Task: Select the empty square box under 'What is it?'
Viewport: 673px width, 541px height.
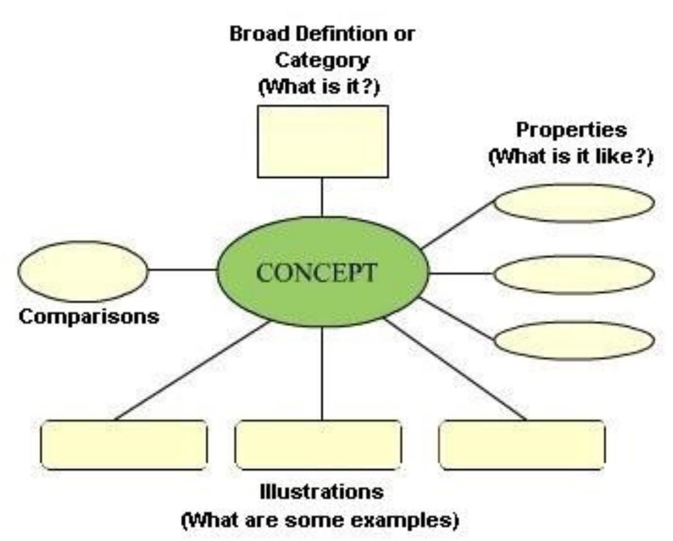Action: (x=323, y=142)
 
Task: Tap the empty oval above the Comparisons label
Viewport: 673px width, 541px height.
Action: (x=83, y=271)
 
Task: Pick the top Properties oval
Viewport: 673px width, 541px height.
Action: (x=574, y=203)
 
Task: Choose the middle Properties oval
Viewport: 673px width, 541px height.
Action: (x=574, y=274)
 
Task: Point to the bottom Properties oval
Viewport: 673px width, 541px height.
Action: (x=574, y=340)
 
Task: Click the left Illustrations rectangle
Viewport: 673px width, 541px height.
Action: (x=124, y=445)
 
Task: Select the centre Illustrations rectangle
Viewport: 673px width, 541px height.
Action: (x=318, y=445)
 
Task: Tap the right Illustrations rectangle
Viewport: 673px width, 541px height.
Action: (x=522, y=445)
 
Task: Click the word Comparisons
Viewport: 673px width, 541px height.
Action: (x=89, y=316)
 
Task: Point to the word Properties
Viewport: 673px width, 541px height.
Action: (x=571, y=130)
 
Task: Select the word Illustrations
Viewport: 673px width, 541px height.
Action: (x=322, y=491)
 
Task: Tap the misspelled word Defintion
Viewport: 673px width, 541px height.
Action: (x=341, y=34)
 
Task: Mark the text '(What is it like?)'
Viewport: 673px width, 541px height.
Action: (x=571, y=156)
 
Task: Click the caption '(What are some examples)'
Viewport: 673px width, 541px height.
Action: (x=320, y=519)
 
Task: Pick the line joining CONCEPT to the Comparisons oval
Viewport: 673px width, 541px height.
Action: (x=182, y=270)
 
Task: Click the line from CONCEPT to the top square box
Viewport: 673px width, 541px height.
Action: (x=322, y=197)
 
